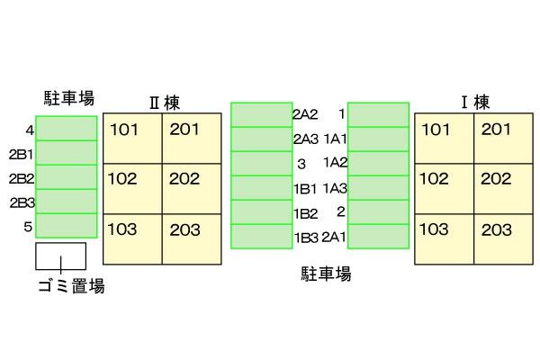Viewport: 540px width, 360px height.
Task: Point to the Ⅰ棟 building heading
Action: tap(473, 102)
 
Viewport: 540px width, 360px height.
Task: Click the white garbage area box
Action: tap(60, 256)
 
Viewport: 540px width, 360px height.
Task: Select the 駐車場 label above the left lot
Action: tap(69, 97)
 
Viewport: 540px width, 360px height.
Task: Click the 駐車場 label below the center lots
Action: tap(325, 273)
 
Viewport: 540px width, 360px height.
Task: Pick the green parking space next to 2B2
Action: tap(66, 176)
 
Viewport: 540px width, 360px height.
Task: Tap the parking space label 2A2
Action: tap(305, 114)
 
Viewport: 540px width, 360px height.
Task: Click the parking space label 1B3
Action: tap(305, 237)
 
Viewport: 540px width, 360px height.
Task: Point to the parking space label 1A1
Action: tap(336, 139)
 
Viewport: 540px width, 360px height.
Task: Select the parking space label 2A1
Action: tap(334, 237)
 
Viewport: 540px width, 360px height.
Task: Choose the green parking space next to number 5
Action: tap(66, 225)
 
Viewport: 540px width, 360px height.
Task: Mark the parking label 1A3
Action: tap(336, 187)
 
